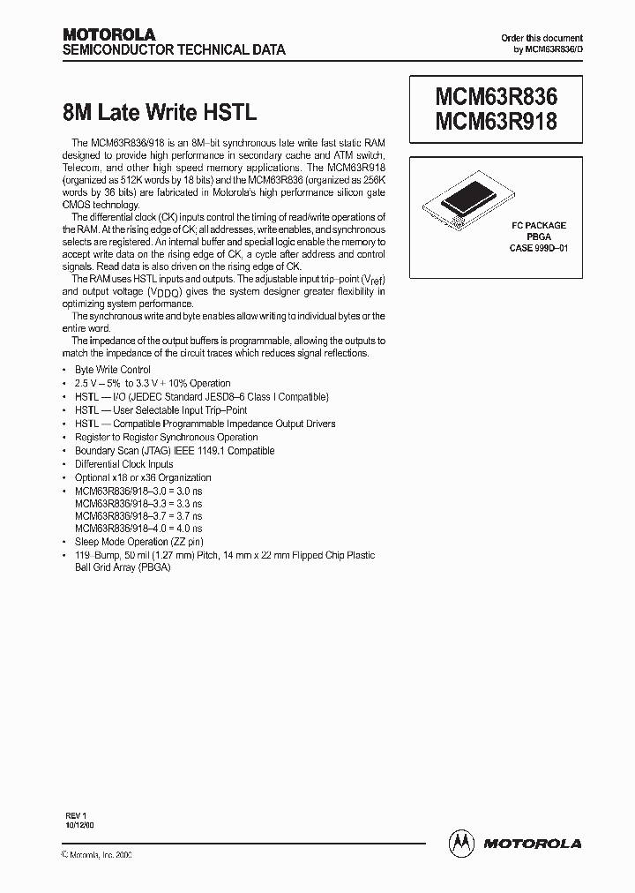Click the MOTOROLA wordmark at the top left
[108, 34]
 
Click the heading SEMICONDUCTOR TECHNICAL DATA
[174, 50]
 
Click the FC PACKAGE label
[539, 226]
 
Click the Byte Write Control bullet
[112, 370]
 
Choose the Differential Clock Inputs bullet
[123, 464]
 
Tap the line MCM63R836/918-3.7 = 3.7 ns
[138, 515]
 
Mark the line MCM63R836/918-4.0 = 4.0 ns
[138, 529]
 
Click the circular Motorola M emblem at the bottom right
[462, 843]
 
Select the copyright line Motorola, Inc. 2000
[96, 856]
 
